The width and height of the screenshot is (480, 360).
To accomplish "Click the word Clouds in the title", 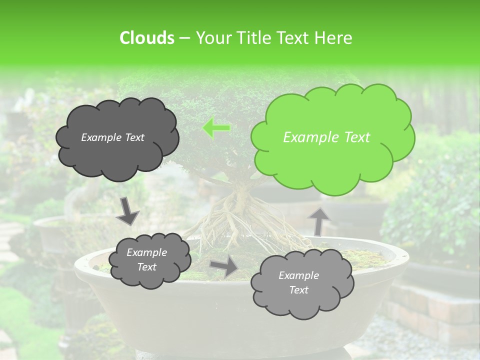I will pyautogui.click(x=146, y=38).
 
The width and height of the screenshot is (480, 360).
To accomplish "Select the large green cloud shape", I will pyautogui.click(x=332, y=138).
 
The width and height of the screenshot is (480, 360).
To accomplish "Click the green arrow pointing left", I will pyautogui.click(x=216, y=128).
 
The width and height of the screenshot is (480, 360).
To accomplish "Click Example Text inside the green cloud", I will pyautogui.click(x=326, y=137).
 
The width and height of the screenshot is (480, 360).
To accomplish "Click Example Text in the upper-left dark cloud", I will pyautogui.click(x=112, y=137).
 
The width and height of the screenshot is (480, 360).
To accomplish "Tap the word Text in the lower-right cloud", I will pyautogui.click(x=298, y=290).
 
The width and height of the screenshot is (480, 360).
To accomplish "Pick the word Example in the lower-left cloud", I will pyautogui.click(x=146, y=252).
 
